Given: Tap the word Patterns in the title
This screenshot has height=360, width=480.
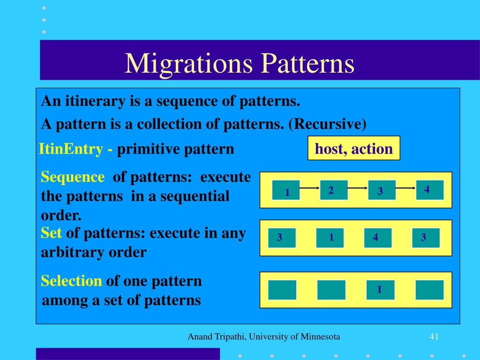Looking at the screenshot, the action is (x=307, y=64).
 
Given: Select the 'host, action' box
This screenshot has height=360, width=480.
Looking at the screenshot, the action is (x=354, y=149).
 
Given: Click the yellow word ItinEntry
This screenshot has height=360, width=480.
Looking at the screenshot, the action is (x=71, y=149).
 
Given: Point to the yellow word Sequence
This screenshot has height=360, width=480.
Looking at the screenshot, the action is (x=73, y=177).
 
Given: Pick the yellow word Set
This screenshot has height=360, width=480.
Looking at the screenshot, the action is (x=52, y=233).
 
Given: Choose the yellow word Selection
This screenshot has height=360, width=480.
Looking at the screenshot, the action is (x=71, y=281).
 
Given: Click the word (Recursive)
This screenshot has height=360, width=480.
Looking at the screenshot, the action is (x=327, y=124).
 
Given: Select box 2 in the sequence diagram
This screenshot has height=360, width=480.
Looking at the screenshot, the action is (x=334, y=190).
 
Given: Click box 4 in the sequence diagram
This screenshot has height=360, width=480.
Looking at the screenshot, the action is (x=429, y=189).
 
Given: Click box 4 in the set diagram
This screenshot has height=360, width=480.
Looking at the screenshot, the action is (x=378, y=238).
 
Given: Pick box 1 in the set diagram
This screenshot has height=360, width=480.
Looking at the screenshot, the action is (x=330, y=238).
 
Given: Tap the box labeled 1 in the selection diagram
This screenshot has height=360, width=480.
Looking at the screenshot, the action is (x=380, y=290).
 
